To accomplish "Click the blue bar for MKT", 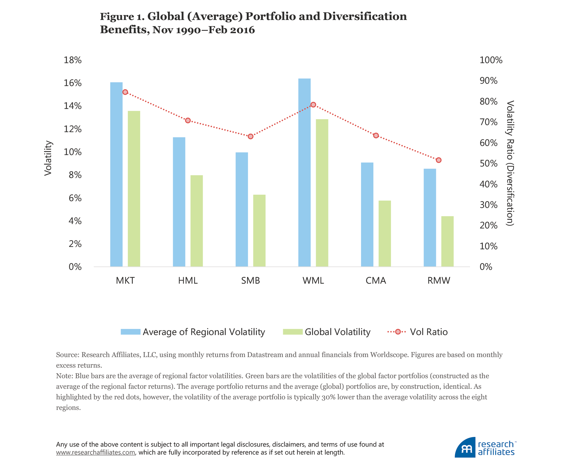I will coord(116,174).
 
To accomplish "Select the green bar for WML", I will coord(322,193).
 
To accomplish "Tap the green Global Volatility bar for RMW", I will coord(447,241).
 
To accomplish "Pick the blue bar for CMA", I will coord(367,214).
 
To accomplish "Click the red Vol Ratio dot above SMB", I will coord(251,137).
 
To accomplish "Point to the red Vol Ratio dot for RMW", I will coord(439,160).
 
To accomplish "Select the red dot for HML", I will coord(188,121).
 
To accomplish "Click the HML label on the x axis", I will coord(188,281).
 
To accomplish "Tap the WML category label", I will coord(313,281).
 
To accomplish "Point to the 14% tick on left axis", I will coord(73,106).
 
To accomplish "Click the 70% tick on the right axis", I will coord(489,122).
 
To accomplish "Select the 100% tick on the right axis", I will coord(491,60).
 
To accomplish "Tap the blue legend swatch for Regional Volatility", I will coord(130,332).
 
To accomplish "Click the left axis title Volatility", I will coord(48,159).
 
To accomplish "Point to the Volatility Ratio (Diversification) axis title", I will coord(510,163).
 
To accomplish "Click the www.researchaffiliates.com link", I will coord(95,452).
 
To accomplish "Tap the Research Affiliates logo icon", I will coord(466,448).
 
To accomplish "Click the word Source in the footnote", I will coord(67,355).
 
